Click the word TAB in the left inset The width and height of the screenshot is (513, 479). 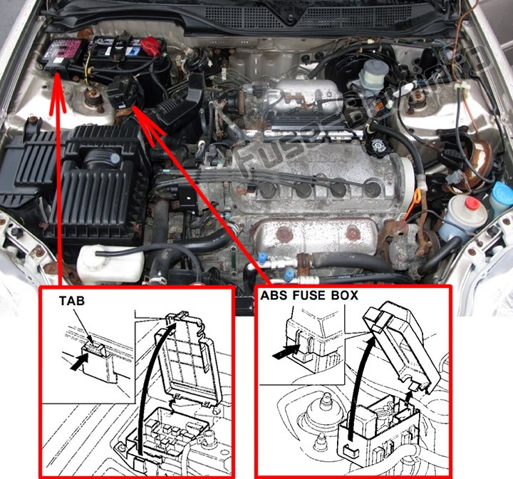coord(72,302)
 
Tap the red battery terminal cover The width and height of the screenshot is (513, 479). coord(150,46)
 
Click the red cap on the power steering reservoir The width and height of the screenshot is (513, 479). coord(471,204)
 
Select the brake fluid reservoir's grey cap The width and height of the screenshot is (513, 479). coord(373,71)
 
